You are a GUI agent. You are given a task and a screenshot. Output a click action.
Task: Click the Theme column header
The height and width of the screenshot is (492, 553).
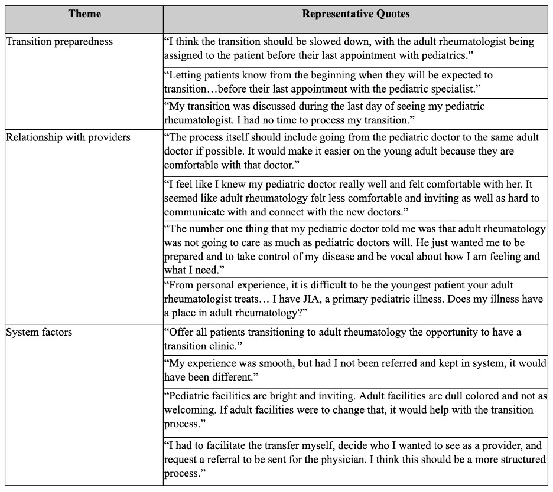(84, 14)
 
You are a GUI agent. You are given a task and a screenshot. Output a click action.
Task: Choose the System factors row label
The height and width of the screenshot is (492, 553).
(39, 332)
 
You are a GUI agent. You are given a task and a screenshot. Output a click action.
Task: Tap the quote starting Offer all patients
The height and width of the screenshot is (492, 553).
(343, 339)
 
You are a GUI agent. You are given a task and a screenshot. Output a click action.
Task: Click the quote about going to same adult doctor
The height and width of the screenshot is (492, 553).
(352, 151)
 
